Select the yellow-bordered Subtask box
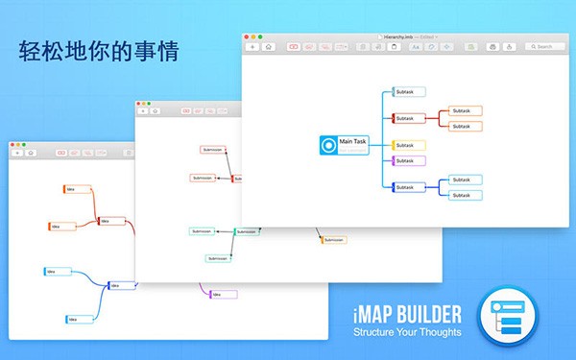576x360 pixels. point(409,145)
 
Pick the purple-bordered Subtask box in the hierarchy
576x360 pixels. point(409,160)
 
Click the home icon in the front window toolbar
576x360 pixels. point(269,46)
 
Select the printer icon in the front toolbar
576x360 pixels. point(492,46)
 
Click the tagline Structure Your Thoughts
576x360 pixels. point(406,332)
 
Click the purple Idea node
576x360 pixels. point(216,293)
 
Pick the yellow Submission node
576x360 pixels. point(332,239)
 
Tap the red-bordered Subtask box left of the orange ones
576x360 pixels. point(409,118)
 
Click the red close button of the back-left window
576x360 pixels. point(12,145)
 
